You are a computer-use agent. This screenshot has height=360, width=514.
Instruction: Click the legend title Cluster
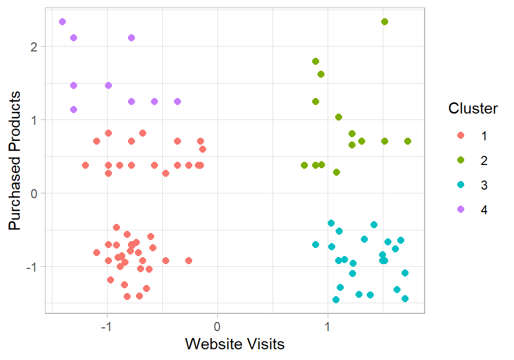[x=473, y=109]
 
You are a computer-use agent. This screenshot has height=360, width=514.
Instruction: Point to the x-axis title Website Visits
[x=235, y=343]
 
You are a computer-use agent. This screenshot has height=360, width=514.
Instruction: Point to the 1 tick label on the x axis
[x=328, y=326]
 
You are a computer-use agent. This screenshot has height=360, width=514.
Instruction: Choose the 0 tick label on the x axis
[x=217, y=326]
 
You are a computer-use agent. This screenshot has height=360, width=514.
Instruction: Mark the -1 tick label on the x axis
[x=105, y=326]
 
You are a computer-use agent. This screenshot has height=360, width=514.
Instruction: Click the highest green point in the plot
[x=384, y=21]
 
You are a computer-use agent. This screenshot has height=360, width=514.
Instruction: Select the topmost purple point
[x=62, y=21]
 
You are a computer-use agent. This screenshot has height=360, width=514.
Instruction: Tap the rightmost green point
[x=407, y=141]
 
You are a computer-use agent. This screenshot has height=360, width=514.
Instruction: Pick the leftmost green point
[x=304, y=165]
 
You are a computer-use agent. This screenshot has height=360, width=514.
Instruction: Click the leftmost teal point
[x=315, y=244]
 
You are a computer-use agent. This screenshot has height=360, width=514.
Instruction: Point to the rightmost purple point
[x=177, y=101]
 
